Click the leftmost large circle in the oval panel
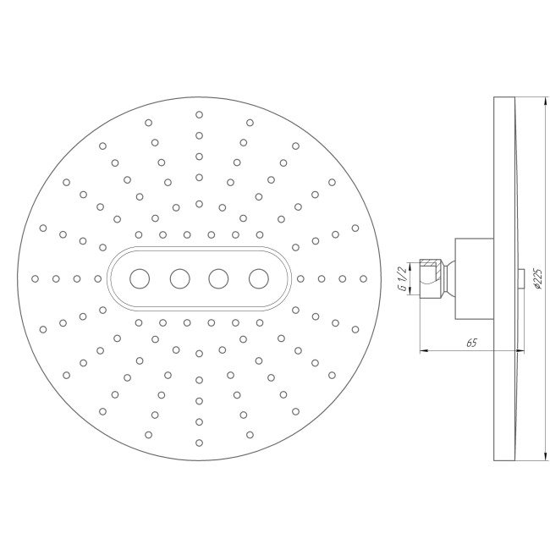pyautogui.click(x=140, y=278)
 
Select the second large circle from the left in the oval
pyautogui.click(x=179, y=278)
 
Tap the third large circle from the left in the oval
pyautogui.click(x=218, y=278)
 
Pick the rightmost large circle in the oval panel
pyautogui.click(x=258, y=278)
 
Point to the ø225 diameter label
pyautogui.click(x=537, y=278)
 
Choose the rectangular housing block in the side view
pyautogui.click(x=474, y=278)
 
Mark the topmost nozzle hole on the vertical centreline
pyautogui.click(x=199, y=114)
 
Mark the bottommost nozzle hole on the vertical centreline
pyautogui.click(x=199, y=441)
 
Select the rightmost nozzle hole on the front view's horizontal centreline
pyautogui.click(x=362, y=278)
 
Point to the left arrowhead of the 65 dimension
pyautogui.click(x=422, y=350)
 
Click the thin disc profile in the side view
pyautogui.click(x=503, y=169)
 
